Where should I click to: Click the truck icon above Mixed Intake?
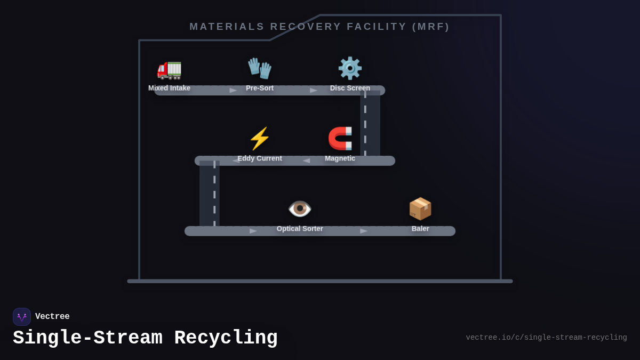click(169, 69)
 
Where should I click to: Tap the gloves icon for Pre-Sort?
click(260, 68)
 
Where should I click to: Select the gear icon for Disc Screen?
click(350, 68)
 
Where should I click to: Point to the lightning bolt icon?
click(260, 139)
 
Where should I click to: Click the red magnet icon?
click(340, 139)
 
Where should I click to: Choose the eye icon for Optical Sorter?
click(300, 209)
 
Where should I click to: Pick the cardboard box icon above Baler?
click(420, 209)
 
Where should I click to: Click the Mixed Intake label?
click(169, 88)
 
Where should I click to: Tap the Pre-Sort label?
click(260, 88)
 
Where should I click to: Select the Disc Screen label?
click(350, 88)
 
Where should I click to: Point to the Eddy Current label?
click(260, 158)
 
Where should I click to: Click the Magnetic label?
click(340, 158)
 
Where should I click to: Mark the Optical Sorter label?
click(300, 229)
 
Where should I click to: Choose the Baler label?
click(420, 229)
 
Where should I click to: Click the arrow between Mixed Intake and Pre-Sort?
click(233, 91)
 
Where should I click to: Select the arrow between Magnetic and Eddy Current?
click(306, 161)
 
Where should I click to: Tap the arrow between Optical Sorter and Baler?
click(364, 231)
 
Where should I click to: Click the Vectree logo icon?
click(22, 317)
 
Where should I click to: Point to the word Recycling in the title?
click(226, 338)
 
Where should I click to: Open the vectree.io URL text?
click(546, 338)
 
